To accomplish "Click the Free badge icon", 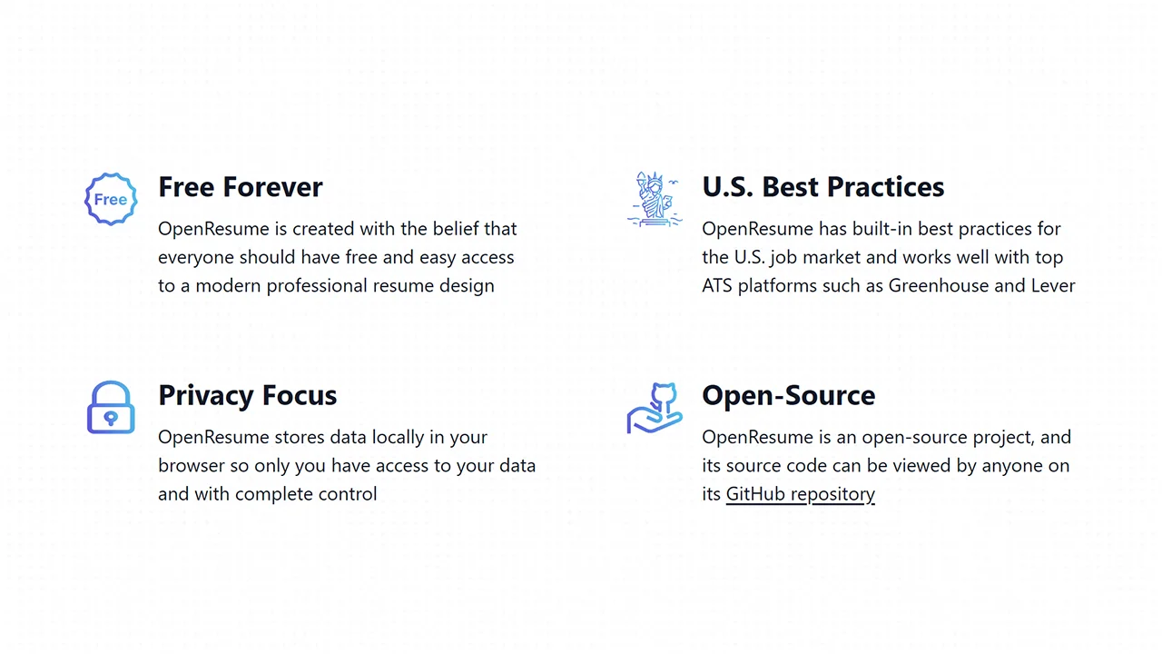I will tap(111, 199).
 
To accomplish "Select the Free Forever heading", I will tap(241, 187).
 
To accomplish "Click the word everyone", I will tap(195, 257).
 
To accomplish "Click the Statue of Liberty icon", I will tap(655, 198).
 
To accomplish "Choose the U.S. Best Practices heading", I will tap(822, 187).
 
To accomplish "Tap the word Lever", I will tap(1052, 285).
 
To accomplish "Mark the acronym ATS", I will tap(717, 285).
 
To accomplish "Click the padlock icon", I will tap(111, 407).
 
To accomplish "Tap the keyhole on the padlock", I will tap(111, 418).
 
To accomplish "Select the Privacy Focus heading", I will tap(247, 396).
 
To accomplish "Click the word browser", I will tap(192, 466).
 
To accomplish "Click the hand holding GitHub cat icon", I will tap(655, 408).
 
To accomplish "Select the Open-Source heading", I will tap(788, 396).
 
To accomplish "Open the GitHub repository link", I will tap(800, 494).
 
